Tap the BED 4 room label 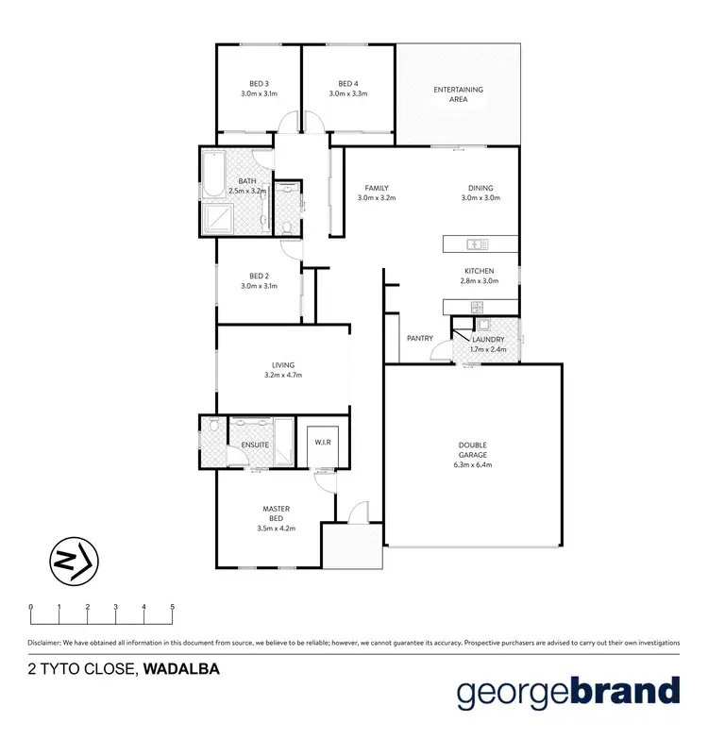[347, 83]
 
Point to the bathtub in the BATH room [211, 176]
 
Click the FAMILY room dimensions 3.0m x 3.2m [376, 198]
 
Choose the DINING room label [480, 188]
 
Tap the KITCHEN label [480, 271]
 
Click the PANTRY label [419, 338]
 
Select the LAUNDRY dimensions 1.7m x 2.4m [488, 350]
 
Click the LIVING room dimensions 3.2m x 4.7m [283, 376]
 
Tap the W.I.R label [321, 442]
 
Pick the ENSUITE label [255, 445]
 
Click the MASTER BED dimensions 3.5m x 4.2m [276, 529]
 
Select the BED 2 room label [259, 276]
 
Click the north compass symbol [72, 561]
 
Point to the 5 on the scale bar [172, 607]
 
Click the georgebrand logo [568, 692]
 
